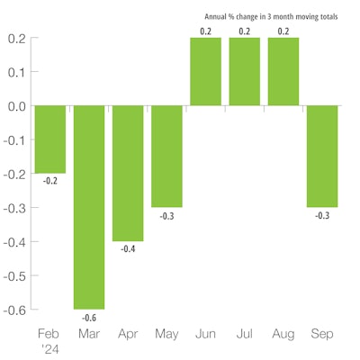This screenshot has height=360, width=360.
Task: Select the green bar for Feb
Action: coord(49,139)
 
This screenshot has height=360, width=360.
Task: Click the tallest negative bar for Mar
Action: coord(89,207)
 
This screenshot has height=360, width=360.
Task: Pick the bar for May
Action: coord(166,156)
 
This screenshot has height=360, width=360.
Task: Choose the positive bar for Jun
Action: coord(205,72)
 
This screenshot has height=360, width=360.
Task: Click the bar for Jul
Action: coord(245,72)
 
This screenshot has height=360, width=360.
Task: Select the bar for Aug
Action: coord(283,72)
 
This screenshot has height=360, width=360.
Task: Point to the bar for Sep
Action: coord(322,156)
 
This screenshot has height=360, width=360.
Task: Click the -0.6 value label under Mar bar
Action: coord(89,317)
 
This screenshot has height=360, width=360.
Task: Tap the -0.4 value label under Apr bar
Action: coord(128,249)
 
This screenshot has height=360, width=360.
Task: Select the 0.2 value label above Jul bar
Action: coord(245,31)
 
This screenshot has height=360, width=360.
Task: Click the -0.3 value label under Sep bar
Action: coord(322,215)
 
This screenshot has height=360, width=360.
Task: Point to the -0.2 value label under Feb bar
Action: coord(49,181)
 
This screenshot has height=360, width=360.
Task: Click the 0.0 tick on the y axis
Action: coord(15,106)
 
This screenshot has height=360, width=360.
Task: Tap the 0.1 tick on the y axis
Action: coord(15,72)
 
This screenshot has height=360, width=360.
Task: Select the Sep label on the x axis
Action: coord(322,333)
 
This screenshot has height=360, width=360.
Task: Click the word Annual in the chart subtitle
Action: coord(219,15)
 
